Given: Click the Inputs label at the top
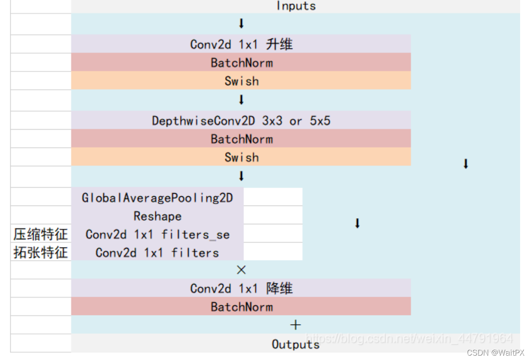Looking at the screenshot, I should coord(296,6).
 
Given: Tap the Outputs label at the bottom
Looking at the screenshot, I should coord(295,344).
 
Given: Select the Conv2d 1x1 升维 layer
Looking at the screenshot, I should coord(241,44).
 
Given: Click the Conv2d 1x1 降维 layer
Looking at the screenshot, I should coord(241,288).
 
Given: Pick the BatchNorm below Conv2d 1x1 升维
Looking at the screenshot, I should coord(241,63).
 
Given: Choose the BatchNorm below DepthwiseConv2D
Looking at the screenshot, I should coord(241,139).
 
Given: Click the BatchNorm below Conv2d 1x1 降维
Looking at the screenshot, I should coord(241,307).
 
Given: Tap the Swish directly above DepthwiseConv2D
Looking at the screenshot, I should coord(241,81).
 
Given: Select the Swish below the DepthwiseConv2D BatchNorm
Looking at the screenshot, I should coord(241,157).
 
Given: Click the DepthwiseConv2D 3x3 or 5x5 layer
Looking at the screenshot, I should coord(241,121).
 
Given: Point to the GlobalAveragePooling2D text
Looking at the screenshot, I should coord(158,198).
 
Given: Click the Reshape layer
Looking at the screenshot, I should coord(158,216).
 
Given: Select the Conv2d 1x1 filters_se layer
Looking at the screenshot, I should coord(158,234).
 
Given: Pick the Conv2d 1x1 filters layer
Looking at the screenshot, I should coord(158,253).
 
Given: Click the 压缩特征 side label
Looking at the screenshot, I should coord(41,234).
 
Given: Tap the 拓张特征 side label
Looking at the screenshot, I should coord(41,253).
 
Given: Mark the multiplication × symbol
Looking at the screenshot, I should coord(241,270).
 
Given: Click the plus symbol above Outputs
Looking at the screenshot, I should coord(295,325).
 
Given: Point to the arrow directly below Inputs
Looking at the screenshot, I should coord(241,24).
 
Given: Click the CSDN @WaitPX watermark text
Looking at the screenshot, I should coord(495,353).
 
